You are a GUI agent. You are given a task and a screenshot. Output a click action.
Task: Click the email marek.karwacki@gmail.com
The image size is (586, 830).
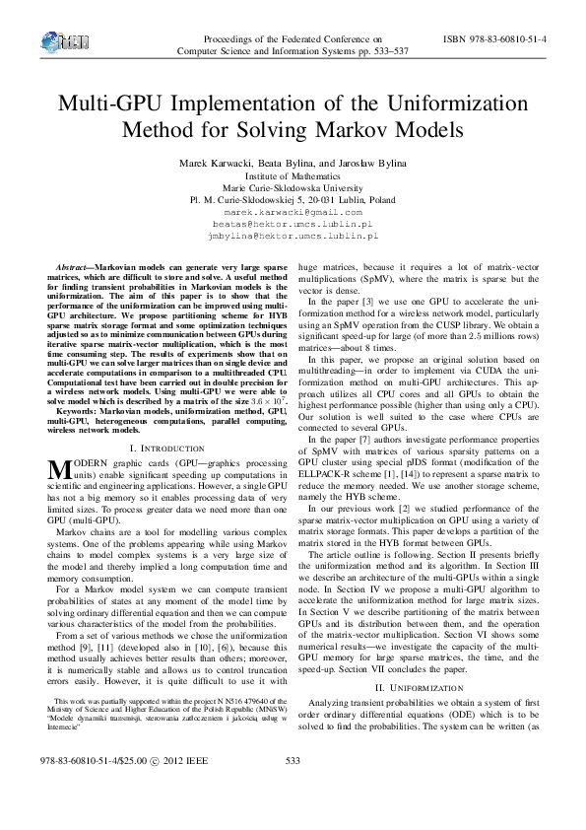tap(293, 212)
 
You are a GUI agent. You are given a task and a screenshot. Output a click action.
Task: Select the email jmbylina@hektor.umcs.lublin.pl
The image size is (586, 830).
tap(293, 237)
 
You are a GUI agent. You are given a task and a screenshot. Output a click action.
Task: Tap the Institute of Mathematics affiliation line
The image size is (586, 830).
tap(293, 174)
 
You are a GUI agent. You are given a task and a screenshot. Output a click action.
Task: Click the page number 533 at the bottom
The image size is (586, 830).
tap(292, 789)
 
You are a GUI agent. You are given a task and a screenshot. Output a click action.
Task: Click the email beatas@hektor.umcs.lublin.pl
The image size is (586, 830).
tap(293, 225)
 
